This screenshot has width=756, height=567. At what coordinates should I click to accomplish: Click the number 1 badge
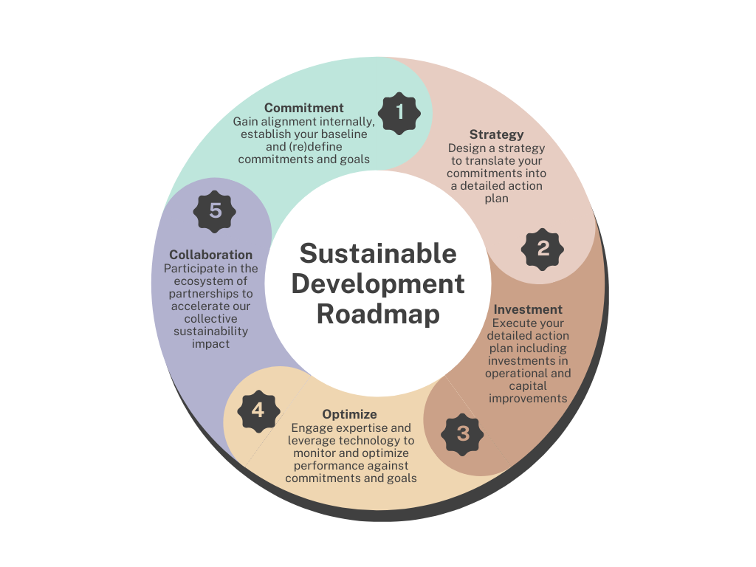click(x=399, y=113)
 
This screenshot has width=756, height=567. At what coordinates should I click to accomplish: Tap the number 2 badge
click(x=543, y=250)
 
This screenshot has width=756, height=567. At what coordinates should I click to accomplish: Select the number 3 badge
click(x=462, y=434)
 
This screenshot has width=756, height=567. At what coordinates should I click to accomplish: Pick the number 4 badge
click(x=259, y=411)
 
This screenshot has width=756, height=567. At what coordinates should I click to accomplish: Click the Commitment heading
click(x=303, y=108)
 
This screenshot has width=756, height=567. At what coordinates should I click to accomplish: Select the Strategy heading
click(x=497, y=134)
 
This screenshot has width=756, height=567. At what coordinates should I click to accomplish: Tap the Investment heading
click(x=528, y=309)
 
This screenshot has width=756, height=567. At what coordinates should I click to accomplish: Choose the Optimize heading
click(x=349, y=415)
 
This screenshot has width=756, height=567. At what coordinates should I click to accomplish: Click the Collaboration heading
click(x=210, y=255)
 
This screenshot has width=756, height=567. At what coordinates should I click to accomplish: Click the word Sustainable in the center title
click(x=378, y=254)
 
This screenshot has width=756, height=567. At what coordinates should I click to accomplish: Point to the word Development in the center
click(x=378, y=284)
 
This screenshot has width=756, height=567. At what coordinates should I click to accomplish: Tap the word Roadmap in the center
click(x=378, y=315)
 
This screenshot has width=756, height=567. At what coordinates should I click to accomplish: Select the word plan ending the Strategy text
click(x=497, y=199)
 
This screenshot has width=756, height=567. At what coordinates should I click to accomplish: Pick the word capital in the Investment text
click(x=528, y=387)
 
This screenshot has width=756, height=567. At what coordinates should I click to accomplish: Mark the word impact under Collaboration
click(x=210, y=344)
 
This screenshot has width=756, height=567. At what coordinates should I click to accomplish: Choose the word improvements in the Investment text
click(x=528, y=399)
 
